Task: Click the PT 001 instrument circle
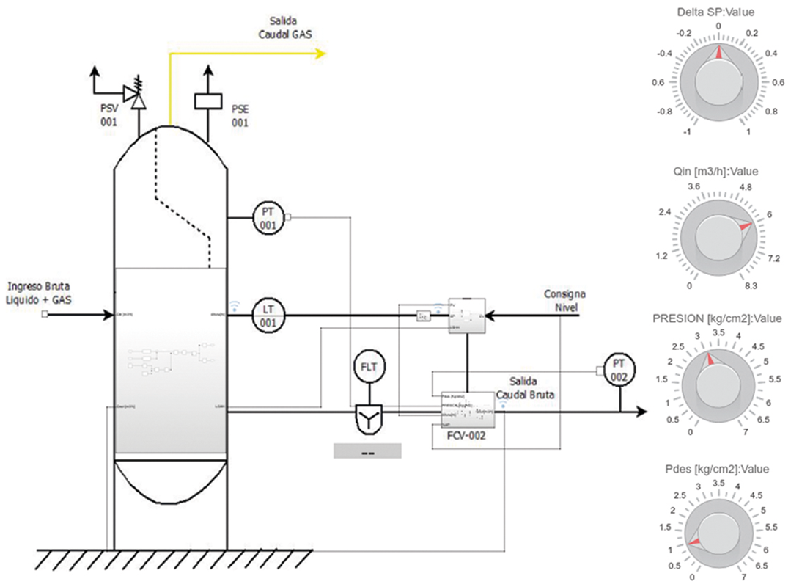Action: pos(268,217)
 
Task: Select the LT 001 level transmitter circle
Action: pos(268,316)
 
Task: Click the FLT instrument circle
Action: pos(367,365)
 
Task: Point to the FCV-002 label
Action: pos(465,435)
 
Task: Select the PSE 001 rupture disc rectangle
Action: pos(208,101)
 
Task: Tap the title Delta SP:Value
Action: pos(718,12)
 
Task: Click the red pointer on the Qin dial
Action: pos(745,227)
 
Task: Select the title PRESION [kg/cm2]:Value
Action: pos(718,318)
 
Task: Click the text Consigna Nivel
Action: pos(564,299)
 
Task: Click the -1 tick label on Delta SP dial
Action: pos(687,131)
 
